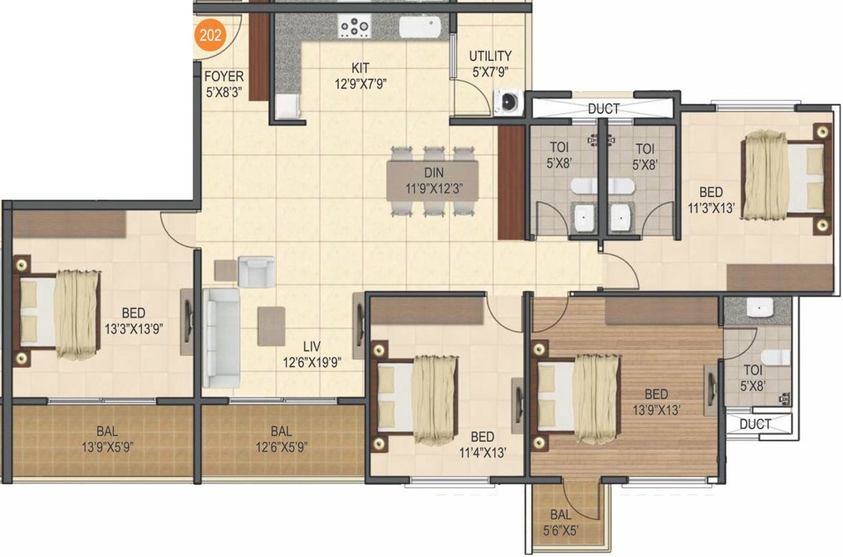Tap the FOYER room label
224,84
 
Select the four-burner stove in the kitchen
355,28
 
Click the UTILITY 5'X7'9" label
490,63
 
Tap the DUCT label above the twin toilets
603,109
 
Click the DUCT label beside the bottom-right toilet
755,424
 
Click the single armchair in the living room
256,271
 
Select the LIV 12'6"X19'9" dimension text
312,355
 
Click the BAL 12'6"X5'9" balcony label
281,440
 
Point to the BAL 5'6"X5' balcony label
564,521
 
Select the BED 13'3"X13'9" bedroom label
133,321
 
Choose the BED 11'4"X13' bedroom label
482,445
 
